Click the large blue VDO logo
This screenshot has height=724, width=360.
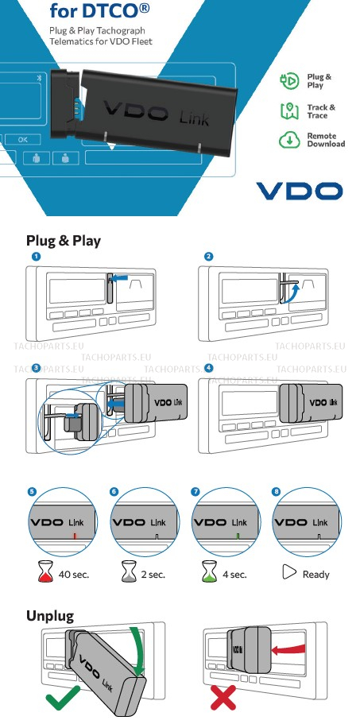[299, 191]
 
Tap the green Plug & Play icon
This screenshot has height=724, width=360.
[289, 81]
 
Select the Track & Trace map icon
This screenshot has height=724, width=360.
[289, 110]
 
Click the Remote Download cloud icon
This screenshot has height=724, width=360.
[289, 139]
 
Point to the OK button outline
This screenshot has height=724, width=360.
[22, 139]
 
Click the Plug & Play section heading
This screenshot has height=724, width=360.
[64, 241]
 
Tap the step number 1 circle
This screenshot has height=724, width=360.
[37, 256]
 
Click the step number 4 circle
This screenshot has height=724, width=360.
[209, 368]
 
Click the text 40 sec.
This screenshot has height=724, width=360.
[74, 575]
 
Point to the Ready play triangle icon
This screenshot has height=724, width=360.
[289, 572]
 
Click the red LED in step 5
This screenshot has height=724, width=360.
[75, 536]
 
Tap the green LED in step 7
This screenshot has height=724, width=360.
[238, 536]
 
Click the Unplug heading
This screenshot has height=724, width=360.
[50, 616]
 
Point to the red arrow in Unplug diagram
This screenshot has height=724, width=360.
[288, 649]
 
